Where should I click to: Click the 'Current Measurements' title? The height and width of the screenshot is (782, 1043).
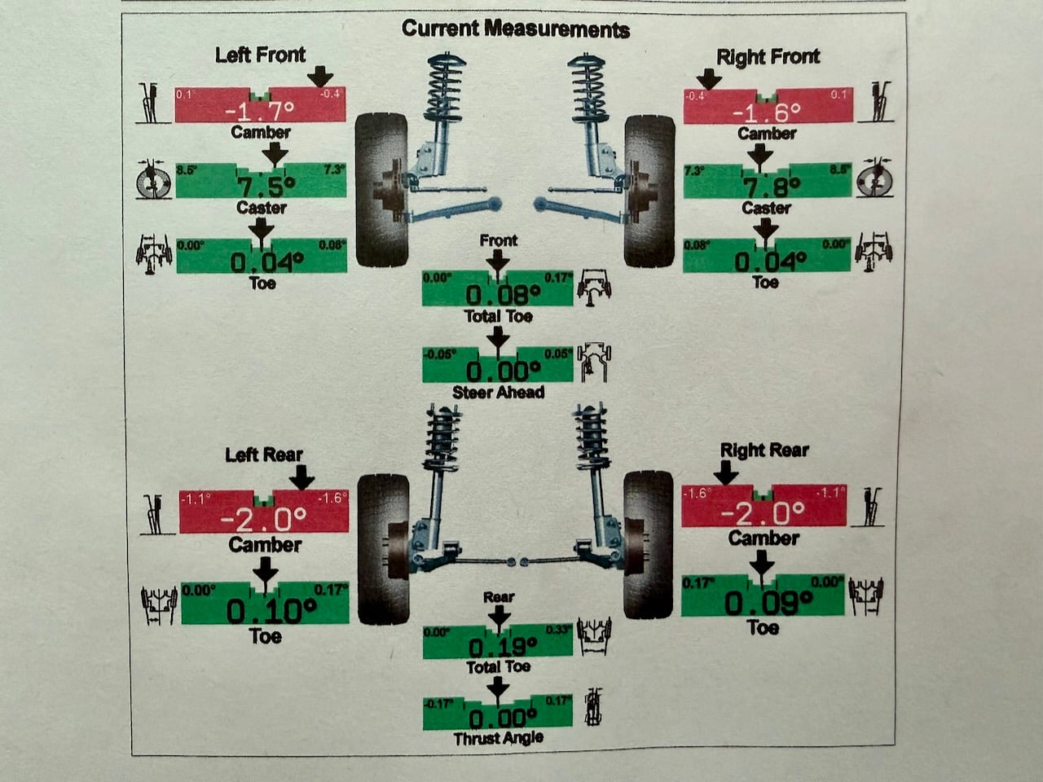(516, 29)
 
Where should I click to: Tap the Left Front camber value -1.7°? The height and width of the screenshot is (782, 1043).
(259, 112)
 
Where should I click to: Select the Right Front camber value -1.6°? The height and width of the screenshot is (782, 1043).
(767, 113)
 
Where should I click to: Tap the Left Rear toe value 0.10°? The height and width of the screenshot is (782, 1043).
(271, 611)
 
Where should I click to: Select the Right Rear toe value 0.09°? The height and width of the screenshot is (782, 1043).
(768, 604)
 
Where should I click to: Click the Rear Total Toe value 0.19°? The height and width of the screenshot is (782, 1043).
(503, 647)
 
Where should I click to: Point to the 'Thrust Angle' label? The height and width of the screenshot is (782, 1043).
(499, 738)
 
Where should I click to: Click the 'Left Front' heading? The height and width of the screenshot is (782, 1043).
(261, 55)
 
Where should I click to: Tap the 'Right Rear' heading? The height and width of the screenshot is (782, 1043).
(764, 450)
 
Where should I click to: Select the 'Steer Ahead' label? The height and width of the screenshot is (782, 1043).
(499, 392)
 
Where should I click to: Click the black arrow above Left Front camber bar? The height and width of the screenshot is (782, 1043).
(320, 77)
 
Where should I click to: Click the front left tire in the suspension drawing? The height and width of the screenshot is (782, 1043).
(381, 190)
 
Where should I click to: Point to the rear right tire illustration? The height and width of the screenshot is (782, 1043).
(648, 545)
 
